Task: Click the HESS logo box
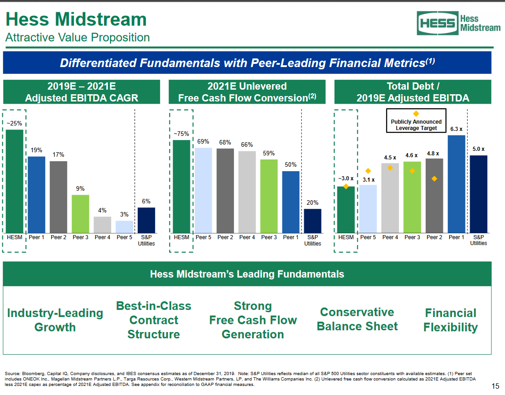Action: click(x=437, y=23)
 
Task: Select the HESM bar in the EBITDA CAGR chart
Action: click(x=15, y=181)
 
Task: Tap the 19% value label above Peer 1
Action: click(x=37, y=150)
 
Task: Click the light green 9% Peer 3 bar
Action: click(x=80, y=214)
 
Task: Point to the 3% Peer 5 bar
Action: click(x=124, y=226)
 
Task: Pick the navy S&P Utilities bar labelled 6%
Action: click(x=146, y=220)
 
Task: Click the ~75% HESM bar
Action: click(x=181, y=186)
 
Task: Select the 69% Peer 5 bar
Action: click(x=204, y=190)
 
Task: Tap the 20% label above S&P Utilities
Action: click(x=312, y=202)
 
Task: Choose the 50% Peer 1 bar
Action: click(x=291, y=202)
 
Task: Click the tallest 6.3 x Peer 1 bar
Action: click(x=456, y=183)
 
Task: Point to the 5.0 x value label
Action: click(x=478, y=149)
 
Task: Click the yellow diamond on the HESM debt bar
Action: click(x=346, y=186)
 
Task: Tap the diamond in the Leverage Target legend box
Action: click(x=416, y=113)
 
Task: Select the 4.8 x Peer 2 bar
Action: click(x=434, y=195)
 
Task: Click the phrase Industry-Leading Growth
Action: click(x=55, y=320)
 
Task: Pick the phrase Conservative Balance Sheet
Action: click(x=357, y=319)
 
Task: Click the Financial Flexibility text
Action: click(x=450, y=320)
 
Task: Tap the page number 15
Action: click(x=495, y=386)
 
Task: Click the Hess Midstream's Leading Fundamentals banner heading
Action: click(x=247, y=274)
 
